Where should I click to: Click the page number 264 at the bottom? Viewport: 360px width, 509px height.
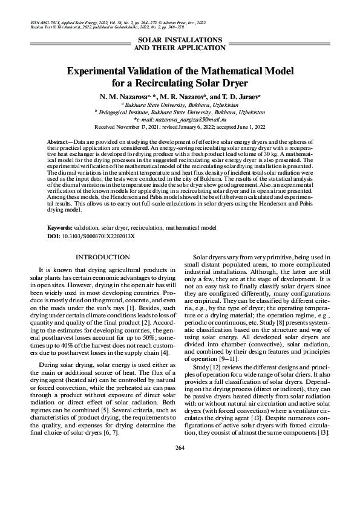coord(179,481)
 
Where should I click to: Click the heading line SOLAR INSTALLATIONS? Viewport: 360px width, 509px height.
coord(179,39)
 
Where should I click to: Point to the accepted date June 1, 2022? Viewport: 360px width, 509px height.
coord(251,128)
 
